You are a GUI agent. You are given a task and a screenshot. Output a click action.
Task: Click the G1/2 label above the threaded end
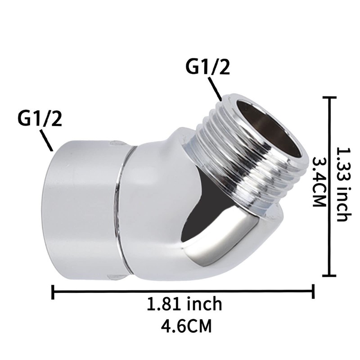[x=207, y=68]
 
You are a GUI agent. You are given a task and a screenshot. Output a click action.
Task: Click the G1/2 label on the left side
[x=40, y=119]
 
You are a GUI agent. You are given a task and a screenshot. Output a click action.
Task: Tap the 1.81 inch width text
[x=185, y=304]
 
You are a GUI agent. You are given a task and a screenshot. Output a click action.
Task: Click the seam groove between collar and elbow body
[x=123, y=207]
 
